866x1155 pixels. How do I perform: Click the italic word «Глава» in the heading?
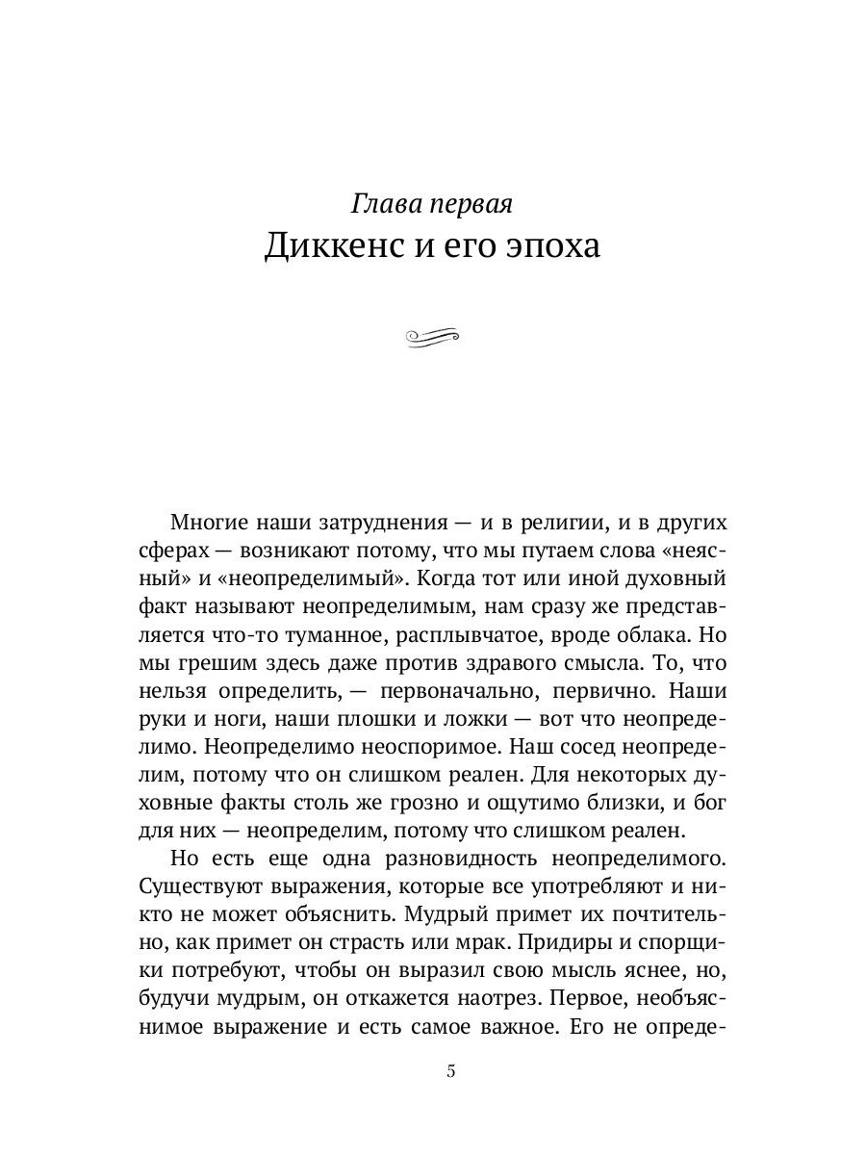coord(384,203)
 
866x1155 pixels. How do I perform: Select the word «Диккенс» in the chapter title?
coord(328,245)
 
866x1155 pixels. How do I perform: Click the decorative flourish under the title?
coord(433,335)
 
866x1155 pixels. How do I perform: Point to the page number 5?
coord(451,1073)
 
